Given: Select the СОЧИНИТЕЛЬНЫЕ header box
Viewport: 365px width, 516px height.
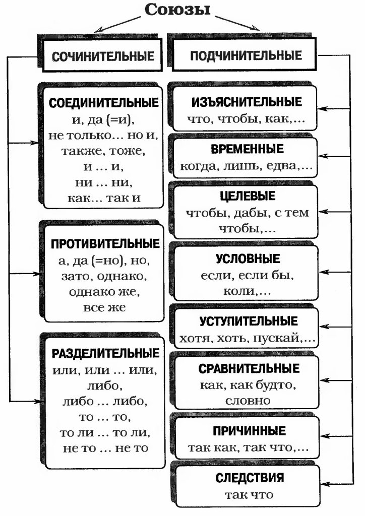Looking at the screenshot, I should point(103,56).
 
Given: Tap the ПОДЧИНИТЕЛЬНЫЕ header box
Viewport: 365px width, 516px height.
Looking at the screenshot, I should point(246,56).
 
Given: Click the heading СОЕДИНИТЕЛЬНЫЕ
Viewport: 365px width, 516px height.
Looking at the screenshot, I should point(104,102).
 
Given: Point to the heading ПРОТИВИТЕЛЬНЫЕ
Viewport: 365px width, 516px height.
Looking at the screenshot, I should point(105,243).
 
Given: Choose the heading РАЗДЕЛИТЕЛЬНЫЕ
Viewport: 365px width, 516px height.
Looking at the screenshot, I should point(105,353).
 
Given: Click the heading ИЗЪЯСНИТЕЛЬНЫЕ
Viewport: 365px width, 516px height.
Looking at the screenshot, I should point(247,102).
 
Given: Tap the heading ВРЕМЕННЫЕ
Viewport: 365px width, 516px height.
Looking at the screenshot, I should point(246,149).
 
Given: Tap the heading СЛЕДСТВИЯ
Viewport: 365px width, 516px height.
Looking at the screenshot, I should point(249,477).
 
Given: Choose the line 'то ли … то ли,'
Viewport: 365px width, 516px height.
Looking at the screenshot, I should point(105,433).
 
